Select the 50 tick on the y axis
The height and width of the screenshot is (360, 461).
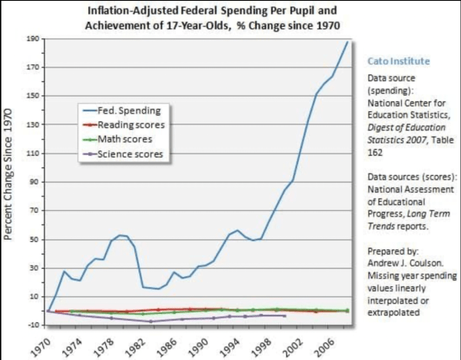(x=34, y=239)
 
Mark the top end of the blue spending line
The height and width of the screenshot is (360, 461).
(x=347, y=43)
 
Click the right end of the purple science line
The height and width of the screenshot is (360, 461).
(x=285, y=315)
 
